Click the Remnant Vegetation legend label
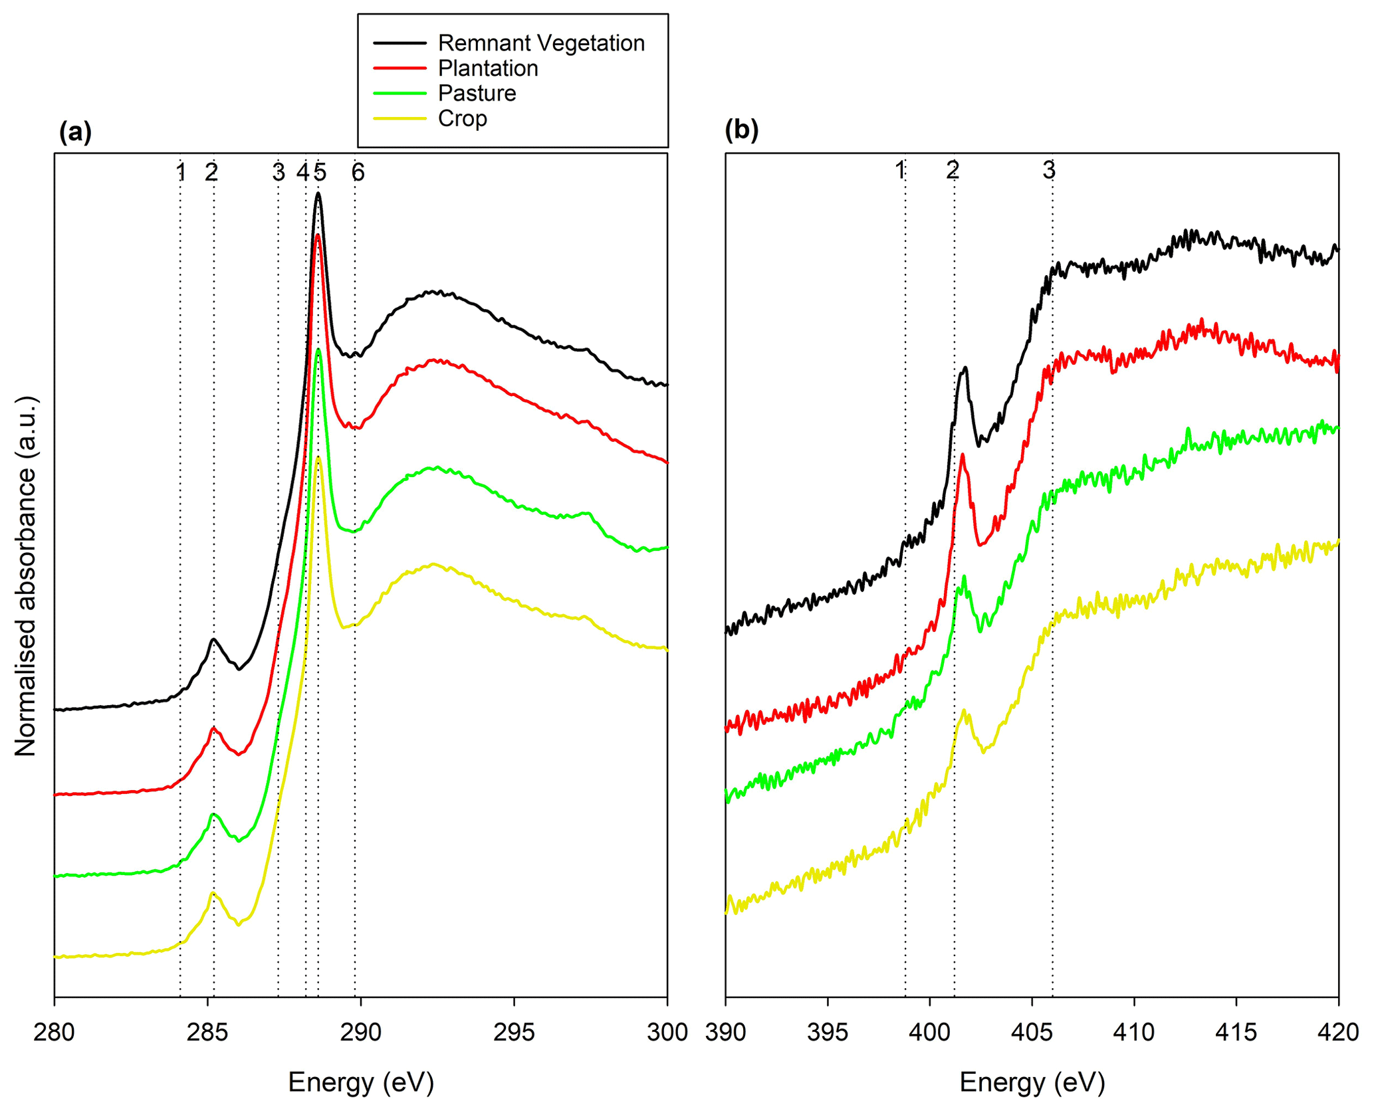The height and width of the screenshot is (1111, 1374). click(x=541, y=43)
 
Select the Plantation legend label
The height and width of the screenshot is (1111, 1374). click(x=488, y=68)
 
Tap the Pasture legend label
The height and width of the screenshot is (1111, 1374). click(x=477, y=93)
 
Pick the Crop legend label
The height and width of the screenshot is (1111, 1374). click(x=462, y=118)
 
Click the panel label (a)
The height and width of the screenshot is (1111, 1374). click(x=75, y=132)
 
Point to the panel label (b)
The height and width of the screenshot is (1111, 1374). click(x=741, y=130)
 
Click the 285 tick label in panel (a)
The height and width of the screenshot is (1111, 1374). click(x=208, y=1032)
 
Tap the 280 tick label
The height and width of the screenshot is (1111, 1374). click(x=55, y=1032)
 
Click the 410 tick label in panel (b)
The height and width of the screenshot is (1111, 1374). click(x=1134, y=1032)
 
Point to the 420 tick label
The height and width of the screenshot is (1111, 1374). click(x=1338, y=1032)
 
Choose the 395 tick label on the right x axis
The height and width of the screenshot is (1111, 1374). click(x=828, y=1032)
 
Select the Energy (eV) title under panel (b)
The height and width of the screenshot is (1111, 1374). click(x=1032, y=1082)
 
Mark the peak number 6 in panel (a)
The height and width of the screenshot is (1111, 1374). click(x=358, y=173)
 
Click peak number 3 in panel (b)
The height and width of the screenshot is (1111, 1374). click(x=1049, y=171)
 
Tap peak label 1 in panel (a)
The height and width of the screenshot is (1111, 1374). click(x=180, y=173)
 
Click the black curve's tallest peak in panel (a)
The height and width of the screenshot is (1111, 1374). click(x=318, y=194)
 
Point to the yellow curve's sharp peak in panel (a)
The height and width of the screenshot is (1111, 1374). click(x=318, y=457)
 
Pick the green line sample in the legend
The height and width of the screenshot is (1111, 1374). click(x=400, y=93)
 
